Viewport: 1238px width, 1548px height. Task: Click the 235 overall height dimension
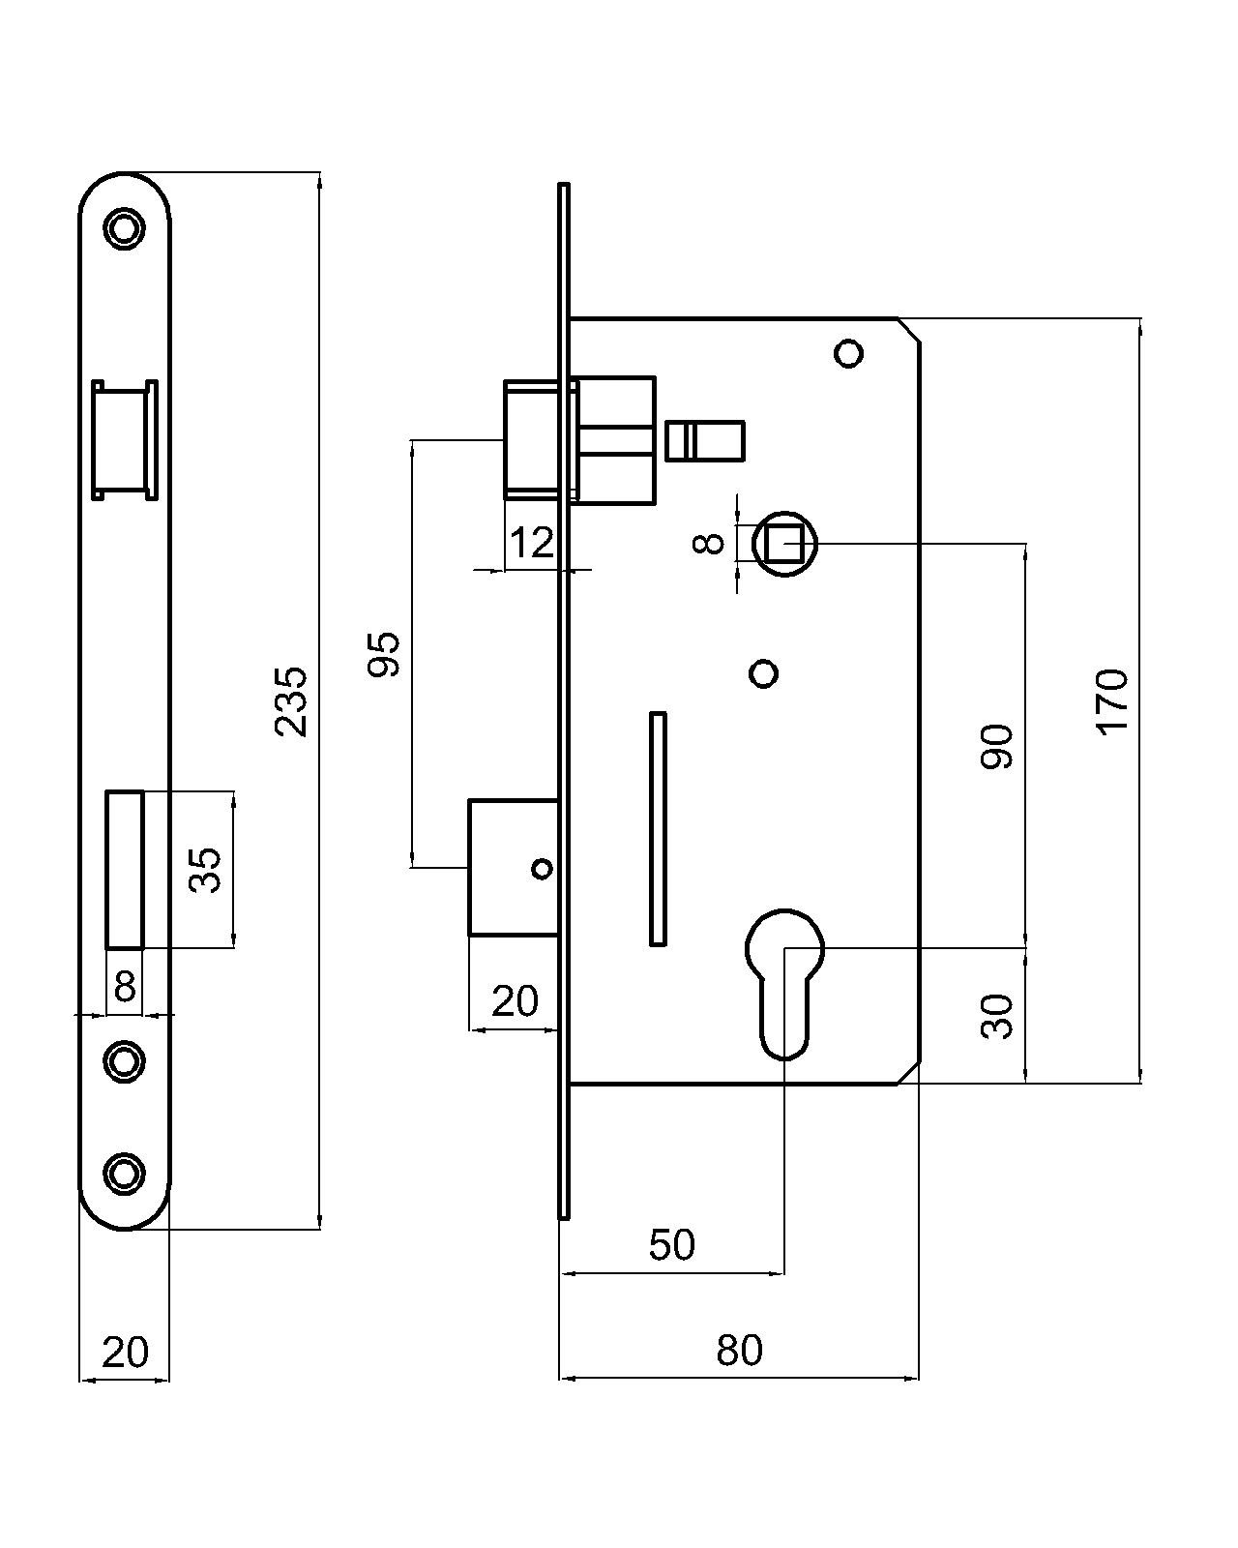coord(291,701)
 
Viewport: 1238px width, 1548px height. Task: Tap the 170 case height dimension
coord(1112,701)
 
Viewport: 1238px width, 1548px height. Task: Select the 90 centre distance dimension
coord(997,746)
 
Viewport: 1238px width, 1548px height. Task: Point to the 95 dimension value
coord(385,654)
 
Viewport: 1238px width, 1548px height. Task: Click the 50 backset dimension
coord(671,1245)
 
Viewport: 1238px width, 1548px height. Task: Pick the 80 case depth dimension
coord(739,1350)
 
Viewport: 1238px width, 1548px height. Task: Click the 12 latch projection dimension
coord(531,543)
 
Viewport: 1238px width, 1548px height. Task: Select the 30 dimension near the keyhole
coord(997,1016)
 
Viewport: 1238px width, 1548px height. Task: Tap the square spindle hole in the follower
coord(783,544)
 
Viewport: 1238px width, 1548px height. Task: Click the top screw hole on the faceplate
coord(124,228)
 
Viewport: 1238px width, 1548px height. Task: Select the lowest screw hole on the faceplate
coord(124,1173)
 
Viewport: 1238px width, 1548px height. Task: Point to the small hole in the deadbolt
coord(543,869)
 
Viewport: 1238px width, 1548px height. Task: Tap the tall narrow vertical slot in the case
coord(657,828)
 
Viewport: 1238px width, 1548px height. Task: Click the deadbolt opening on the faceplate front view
coord(125,869)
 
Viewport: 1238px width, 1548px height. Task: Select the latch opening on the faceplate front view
coord(125,440)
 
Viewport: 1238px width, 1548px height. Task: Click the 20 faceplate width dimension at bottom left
coord(125,1352)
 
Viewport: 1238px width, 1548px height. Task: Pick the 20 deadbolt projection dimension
coord(514,1001)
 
